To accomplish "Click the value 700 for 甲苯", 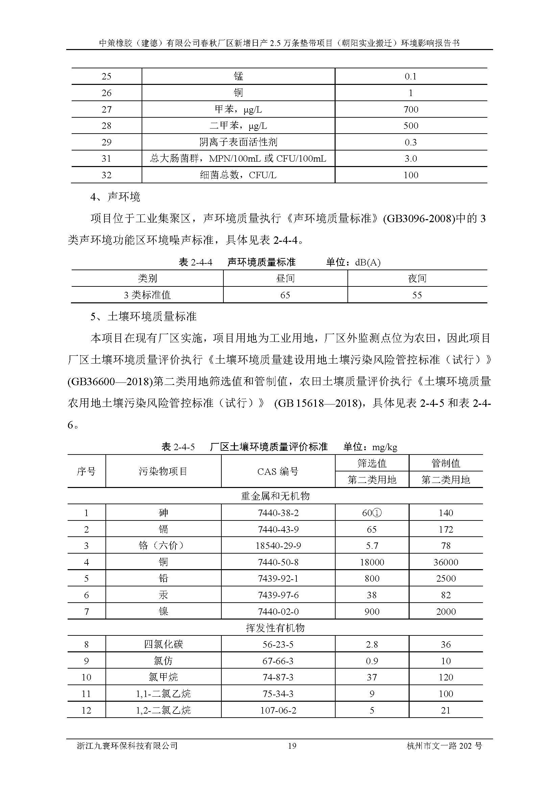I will click(x=411, y=110).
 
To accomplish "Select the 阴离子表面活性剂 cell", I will click(x=238, y=142).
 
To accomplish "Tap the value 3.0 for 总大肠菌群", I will click(x=411, y=159).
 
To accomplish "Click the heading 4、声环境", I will click(x=115, y=197).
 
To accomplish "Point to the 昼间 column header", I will click(x=285, y=278).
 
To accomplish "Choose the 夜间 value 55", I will click(x=417, y=295).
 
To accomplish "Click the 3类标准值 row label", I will click(x=147, y=295).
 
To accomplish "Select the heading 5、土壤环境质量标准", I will click(x=143, y=316).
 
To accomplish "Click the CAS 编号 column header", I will click(x=278, y=471).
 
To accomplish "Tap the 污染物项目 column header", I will click(x=163, y=471).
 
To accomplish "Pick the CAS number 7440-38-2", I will click(x=278, y=513).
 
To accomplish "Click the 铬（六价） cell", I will click(x=163, y=546).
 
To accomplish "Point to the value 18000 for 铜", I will click(x=372, y=562).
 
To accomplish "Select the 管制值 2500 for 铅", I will click(x=446, y=578).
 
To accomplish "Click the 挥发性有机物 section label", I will click(x=275, y=628).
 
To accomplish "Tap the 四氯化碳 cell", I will click(x=163, y=645).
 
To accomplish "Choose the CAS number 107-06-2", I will click(x=278, y=711).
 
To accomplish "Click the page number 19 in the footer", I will click(x=292, y=746).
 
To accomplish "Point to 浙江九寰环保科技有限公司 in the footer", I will click(x=127, y=746).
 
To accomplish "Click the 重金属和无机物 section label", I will click(x=275, y=496).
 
